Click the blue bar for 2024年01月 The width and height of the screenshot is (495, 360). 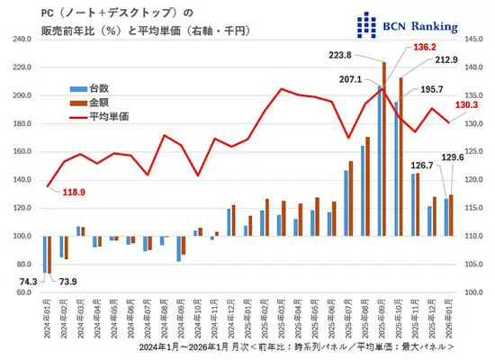pos(44,254)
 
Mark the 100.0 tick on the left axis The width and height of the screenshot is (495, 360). pos(21,236)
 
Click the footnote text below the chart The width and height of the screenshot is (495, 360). pos(296,346)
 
